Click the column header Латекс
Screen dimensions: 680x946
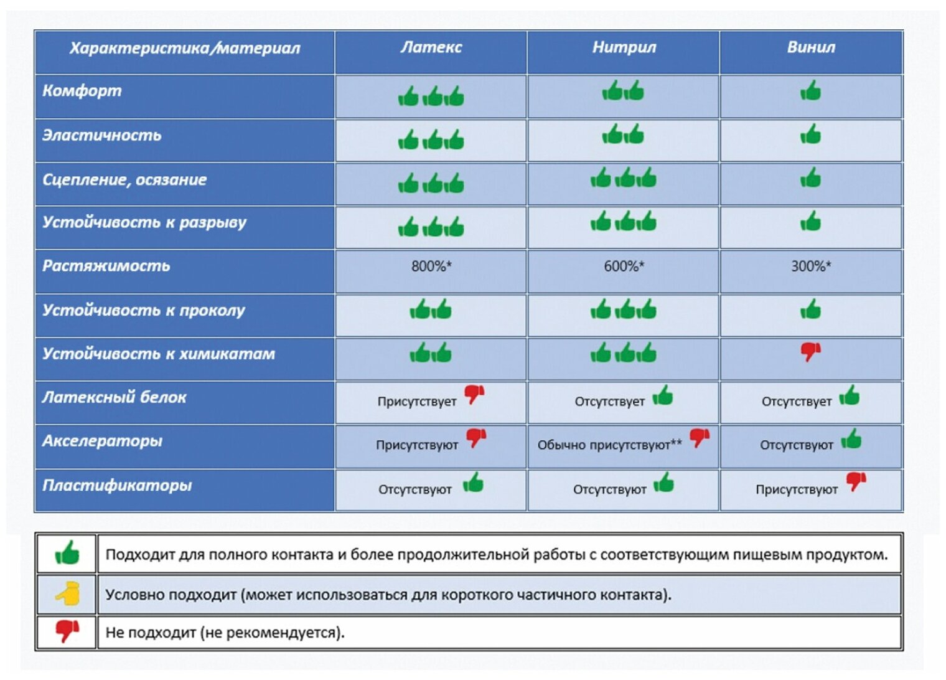coord(431,47)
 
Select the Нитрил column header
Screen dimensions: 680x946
coord(624,47)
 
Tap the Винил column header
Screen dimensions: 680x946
coord(810,47)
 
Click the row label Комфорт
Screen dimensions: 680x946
coord(82,91)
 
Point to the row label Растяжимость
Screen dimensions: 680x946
coord(106,266)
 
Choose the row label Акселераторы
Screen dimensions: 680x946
coord(102,441)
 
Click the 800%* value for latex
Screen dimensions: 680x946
coord(431,267)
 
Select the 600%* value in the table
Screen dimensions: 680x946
coord(624,267)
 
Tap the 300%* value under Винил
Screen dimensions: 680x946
coord(810,267)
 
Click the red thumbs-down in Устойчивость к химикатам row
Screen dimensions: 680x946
coord(810,352)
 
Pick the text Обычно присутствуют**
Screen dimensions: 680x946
coord(609,445)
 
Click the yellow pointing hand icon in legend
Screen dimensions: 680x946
coord(67,594)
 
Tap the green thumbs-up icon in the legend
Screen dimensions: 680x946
coord(67,553)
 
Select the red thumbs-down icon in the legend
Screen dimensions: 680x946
coord(67,631)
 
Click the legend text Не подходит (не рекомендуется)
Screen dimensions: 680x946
coord(225,633)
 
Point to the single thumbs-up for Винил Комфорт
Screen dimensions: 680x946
coord(810,92)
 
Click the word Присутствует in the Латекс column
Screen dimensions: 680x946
coord(416,402)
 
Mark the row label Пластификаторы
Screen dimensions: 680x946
coord(117,485)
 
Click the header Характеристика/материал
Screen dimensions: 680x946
coord(184,48)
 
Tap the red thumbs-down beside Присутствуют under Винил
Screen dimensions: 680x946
coord(856,480)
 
